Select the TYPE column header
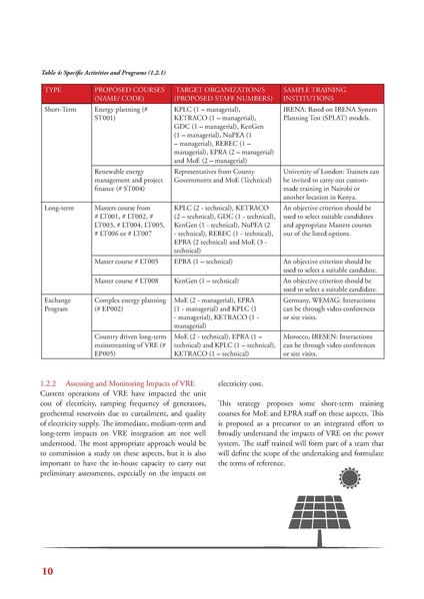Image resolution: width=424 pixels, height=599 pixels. point(54,89)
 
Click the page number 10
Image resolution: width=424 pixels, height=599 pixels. point(48,571)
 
